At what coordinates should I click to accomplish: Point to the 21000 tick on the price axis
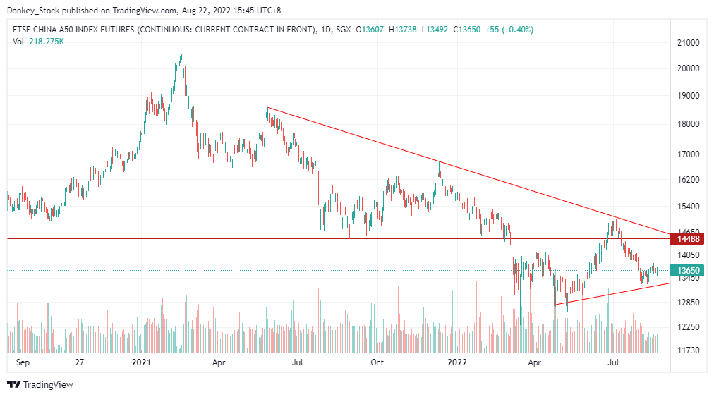pos(687,43)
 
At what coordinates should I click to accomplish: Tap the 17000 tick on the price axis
pos(687,154)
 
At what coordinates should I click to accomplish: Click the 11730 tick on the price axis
pos(687,350)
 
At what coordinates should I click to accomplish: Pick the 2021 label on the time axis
pos(142,362)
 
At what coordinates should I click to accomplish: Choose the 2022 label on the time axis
pos(457,362)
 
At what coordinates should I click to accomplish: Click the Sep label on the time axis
pos(21,362)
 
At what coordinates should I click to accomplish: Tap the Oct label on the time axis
pos(377,362)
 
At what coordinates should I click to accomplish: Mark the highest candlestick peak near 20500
pos(182,53)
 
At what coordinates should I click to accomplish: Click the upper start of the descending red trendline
pos(267,107)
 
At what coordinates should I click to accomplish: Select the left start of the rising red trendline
pos(556,305)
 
